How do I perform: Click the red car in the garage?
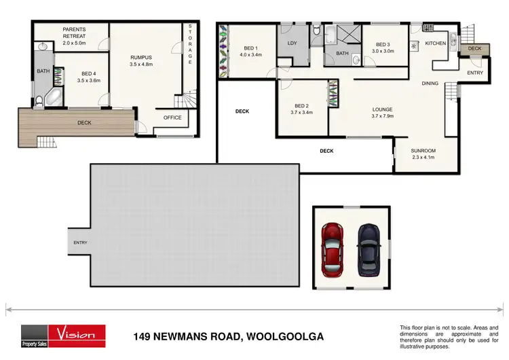pos(333,245)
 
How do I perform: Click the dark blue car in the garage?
pos(369,245)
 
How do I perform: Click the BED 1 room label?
pos(251,51)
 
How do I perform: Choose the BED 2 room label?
pos(302,109)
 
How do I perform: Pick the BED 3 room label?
pos(383,47)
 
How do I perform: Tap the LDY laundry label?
pos(293,43)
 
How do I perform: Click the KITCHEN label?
pos(435,43)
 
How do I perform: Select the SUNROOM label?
pos(423,154)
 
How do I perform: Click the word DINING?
pos(430,84)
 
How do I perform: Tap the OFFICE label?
pos(172,118)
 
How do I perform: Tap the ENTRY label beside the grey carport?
pos(80,242)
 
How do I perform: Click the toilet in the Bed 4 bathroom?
pos(39,101)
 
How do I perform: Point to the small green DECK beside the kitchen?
pos(474,49)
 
